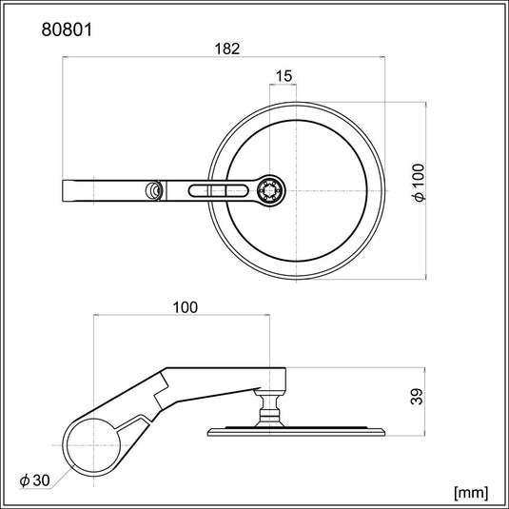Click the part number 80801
point(68,29)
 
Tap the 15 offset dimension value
point(284,75)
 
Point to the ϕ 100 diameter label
point(420,182)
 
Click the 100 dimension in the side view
point(186,307)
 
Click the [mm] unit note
point(472,492)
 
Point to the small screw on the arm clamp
point(152,190)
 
